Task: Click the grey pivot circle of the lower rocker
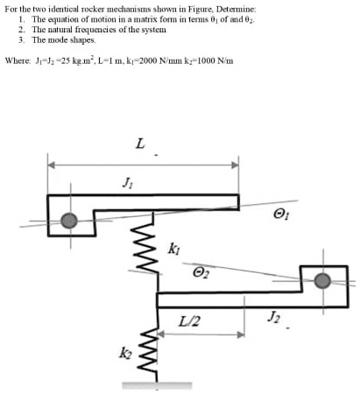322,281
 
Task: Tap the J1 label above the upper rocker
128,181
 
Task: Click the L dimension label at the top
140,144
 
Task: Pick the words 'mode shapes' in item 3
71,39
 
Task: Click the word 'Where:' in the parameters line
18,60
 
